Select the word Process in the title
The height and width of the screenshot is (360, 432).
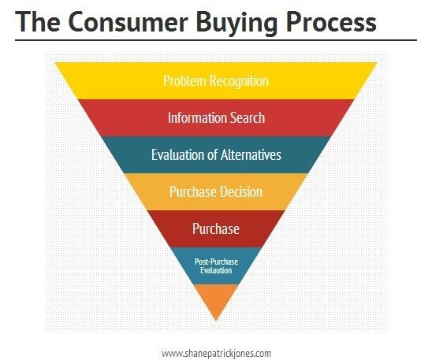(x=331, y=22)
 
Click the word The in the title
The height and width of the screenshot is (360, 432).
(x=38, y=21)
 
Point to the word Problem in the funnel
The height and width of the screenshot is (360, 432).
(x=184, y=81)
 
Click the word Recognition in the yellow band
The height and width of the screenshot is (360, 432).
(x=239, y=81)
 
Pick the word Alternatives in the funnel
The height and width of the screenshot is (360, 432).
(x=251, y=154)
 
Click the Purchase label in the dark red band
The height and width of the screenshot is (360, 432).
(x=216, y=228)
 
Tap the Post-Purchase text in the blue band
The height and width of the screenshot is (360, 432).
(x=216, y=262)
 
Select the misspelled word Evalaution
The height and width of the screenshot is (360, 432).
(x=216, y=270)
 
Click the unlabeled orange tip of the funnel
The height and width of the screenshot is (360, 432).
(x=216, y=299)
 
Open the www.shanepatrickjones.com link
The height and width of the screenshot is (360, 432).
(x=216, y=353)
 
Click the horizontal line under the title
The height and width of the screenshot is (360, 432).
(x=216, y=40)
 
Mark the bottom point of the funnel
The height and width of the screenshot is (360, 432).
(x=216, y=321)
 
